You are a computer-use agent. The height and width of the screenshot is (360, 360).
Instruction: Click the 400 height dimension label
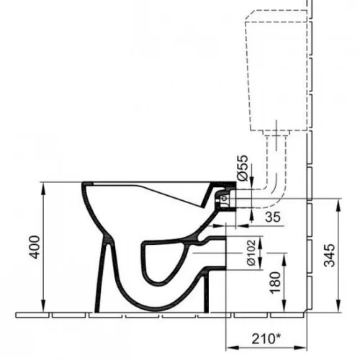[35, 247]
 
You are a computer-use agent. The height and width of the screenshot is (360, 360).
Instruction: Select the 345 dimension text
[329, 256]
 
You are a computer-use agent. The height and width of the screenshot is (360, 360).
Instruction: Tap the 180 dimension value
[275, 283]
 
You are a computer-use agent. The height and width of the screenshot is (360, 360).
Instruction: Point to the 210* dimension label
[266, 339]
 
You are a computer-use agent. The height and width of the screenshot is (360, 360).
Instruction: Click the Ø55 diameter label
[243, 168]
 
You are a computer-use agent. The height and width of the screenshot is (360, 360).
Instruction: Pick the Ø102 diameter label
[251, 253]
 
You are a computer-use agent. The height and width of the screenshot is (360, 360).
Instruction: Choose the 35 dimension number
[273, 217]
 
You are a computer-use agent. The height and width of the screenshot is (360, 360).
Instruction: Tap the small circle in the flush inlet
[224, 198]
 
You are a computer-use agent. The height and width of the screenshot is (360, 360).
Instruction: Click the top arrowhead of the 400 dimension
[43, 187]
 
